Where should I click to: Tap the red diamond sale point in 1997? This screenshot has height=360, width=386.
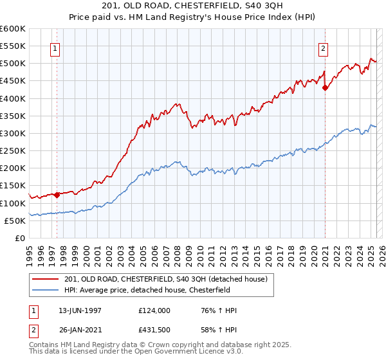pos(57,194)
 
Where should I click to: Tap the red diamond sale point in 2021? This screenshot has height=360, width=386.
pos(326,87)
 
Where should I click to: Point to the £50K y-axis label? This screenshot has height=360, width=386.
pos(15,221)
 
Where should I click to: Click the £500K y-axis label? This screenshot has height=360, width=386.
pos(13,63)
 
